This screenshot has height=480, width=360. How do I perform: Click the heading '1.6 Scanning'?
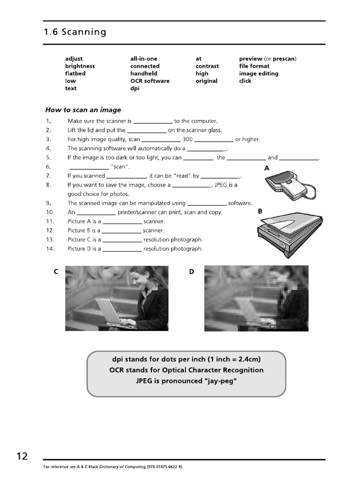[x=75, y=32]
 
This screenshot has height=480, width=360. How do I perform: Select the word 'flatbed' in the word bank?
[x=75, y=74]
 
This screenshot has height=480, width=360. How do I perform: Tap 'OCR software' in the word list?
[x=150, y=81]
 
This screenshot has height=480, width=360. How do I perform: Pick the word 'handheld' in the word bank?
[x=143, y=74]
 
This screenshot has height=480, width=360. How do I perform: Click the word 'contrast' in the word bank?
[x=207, y=66]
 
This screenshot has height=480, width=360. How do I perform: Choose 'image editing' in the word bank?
[x=258, y=74]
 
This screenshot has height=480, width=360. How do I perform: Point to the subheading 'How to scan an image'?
[x=83, y=110]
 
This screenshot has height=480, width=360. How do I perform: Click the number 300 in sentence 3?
[x=187, y=139]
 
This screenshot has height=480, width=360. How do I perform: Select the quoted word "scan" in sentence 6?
[x=120, y=167]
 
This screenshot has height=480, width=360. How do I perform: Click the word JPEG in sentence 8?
[x=221, y=185]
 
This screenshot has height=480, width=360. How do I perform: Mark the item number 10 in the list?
[x=50, y=212]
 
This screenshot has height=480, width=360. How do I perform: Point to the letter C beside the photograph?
[x=56, y=272]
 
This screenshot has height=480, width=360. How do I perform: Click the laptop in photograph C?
[x=111, y=311]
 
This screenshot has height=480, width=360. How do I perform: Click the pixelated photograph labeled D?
[x=256, y=298]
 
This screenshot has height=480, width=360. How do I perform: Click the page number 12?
[x=22, y=456]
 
